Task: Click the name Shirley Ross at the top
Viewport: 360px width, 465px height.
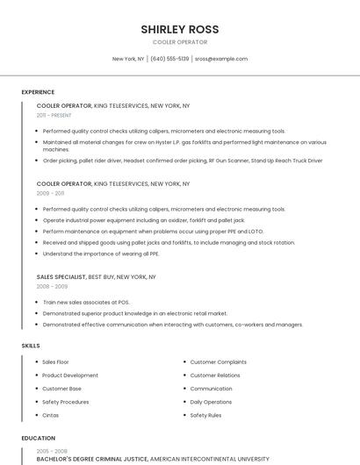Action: [x=180, y=29]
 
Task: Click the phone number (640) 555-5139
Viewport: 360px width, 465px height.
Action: [x=169, y=59]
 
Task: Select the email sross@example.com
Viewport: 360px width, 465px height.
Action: [x=220, y=59]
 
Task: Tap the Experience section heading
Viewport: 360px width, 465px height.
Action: [x=38, y=92]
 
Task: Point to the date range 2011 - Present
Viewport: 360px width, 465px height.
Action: [x=54, y=115]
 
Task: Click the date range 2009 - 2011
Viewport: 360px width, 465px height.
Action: [x=50, y=192]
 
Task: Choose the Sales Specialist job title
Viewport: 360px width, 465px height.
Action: [x=61, y=276]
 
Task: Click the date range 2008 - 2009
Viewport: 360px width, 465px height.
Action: [x=52, y=286]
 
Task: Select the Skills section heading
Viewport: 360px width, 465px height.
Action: [x=31, y=346]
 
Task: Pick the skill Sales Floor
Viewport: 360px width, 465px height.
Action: [x=55, y=361]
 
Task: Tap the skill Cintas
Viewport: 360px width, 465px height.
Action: [x=51, y=415]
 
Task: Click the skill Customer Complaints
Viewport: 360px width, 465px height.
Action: [x=219, y=361]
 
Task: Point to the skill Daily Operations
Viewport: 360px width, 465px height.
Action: [x=211, y=402]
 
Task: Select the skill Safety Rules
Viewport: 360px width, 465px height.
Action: [x=205, y=415]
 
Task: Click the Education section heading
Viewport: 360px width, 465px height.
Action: [x=38, y=438]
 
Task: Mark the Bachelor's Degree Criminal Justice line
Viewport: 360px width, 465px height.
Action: [x=92, y=458]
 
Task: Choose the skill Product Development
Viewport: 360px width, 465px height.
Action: [x=70, y=375]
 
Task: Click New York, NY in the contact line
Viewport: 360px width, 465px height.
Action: [x=128, y=59]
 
